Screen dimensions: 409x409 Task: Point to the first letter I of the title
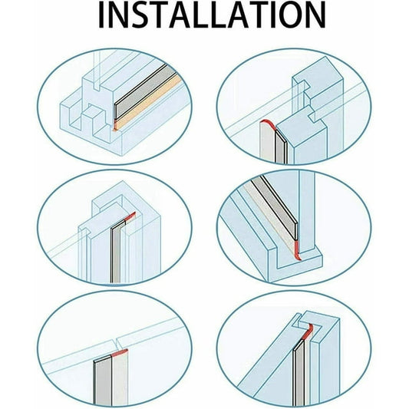pyautogui.click(x=101, y=15)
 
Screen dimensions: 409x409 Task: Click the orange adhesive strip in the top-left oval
pyautogui.click(x=148, y=104)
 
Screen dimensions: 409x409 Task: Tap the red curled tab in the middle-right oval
pyautogui.click(x=297, y=250)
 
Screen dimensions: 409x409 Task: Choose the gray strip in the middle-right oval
pyautogui.click(x=274, y=206)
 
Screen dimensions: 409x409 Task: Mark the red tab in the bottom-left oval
pyautogui.click(x=119, y=352)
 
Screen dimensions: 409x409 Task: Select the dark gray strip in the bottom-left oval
pyautogui.click(x=103, y=382)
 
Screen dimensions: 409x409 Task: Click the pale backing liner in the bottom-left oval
pyautogui.click(x=120, y=380)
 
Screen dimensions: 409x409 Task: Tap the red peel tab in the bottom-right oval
pyautogui.click(x=308, y=331)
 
